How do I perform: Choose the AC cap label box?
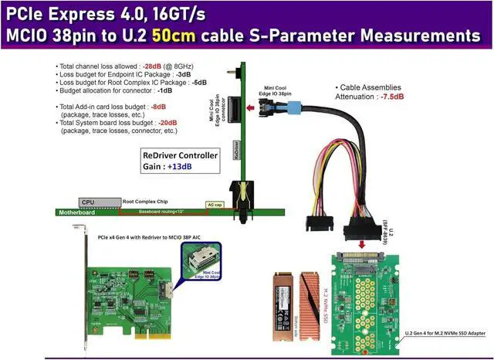tap(215, 205)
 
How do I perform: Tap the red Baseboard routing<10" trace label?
tap(162, 211)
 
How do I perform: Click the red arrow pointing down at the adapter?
tap(364, 245)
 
